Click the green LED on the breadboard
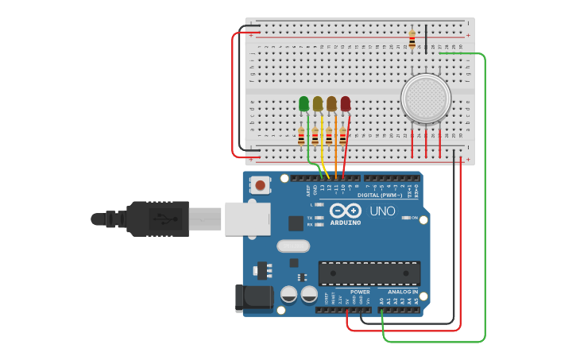coord(303,103)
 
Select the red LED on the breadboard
coord(345,103)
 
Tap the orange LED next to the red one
coord(331,103)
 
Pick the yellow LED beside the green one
coord(318,103)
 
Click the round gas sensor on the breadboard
coord(426,99)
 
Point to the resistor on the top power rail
coord(412,37)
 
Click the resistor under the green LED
coord(301,137)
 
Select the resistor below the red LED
coord(342,137)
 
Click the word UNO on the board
coord(382,211)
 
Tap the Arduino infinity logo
coord(346,211)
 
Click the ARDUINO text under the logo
coord(346,223)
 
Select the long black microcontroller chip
coord(369,273)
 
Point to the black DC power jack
coord(253,297)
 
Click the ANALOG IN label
coord(402,292)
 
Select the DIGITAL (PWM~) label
coord(380,195)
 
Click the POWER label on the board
coord(360,292)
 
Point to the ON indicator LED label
coord(414,217)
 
